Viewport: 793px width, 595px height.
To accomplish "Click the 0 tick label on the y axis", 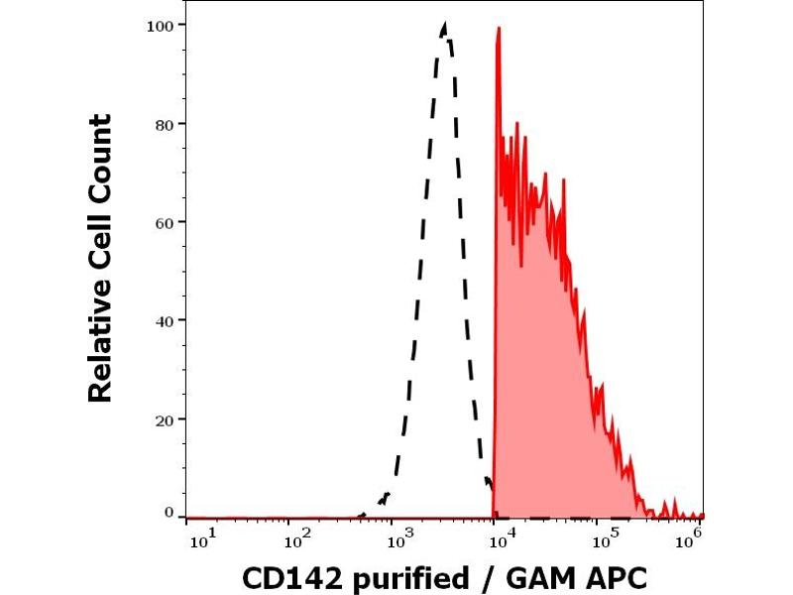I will (169, 512).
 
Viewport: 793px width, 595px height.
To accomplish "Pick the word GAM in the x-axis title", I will (539, 577).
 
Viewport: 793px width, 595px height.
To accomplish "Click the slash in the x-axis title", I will (488, 577).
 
